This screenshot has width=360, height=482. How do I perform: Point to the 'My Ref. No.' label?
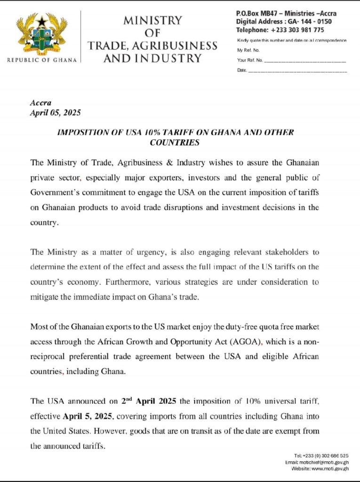click(x=248, y=50)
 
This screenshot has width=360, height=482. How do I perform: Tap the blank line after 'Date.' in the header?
click(x=297, y=71)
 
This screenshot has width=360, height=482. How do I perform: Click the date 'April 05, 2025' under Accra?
click(x=56, y=112)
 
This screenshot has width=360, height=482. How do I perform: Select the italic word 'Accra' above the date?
click(x=40, y=103)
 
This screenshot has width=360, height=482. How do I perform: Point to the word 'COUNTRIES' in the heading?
click(x=175, y=142)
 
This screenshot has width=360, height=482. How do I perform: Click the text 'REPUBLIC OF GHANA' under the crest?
click(x=42, y=60)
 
